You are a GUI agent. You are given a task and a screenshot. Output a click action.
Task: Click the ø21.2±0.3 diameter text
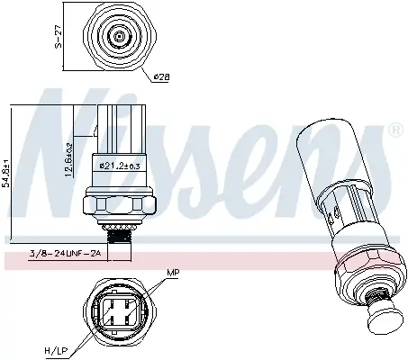click(116, 165)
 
